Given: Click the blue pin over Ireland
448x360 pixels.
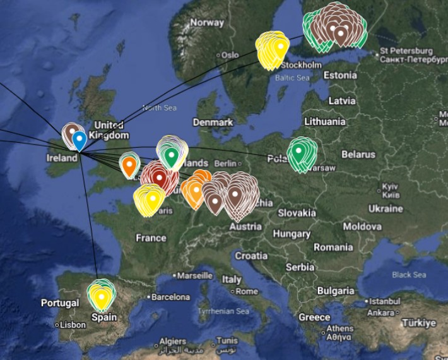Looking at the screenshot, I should [x=79, y=140].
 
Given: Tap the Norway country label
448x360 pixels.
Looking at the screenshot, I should [x=207, y=23].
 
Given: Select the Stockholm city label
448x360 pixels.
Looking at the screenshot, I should [x=302, y=65].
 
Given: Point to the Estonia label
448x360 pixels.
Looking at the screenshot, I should [x=340, y=75].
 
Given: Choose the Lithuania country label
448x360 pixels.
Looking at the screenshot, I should [x=325, y=121].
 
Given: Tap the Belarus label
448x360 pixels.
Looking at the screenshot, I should [x=358, y=154].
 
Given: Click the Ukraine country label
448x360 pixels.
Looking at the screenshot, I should [x=386, y=208].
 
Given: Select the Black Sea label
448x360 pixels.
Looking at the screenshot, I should [x=409, y=275].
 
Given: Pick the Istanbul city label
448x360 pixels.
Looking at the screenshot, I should [x=385, y=301].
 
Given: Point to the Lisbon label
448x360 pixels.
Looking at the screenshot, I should [x=73, y=325].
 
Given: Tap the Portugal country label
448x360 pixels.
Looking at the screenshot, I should [x=61, y=303].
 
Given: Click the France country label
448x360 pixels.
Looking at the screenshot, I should [x=151, y=238].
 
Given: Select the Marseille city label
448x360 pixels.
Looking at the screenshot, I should [x=195, y=276].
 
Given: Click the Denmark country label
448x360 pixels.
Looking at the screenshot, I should [x=213, y=122].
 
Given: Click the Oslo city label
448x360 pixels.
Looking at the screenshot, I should [x=230, y=56].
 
